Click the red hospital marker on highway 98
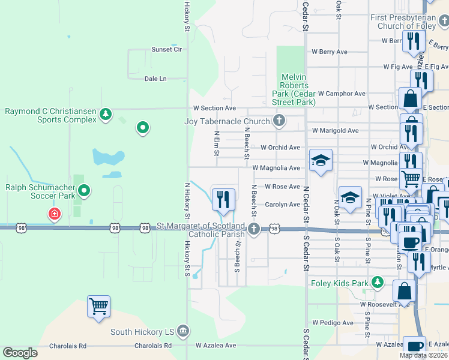tap(55, 214)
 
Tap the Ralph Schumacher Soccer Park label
tap(41, 191)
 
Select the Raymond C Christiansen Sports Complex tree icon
tap(106, 114)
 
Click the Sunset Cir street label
tap(166, 49)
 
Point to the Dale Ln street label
tap(155, 79)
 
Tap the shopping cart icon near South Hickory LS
tap(98, 307)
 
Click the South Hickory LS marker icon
tap(184, 331)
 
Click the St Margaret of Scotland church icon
tap(255, 228)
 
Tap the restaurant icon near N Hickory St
tap(224, 199)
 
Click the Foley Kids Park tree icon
tap(377, 281)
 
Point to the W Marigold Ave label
tap(335, 131)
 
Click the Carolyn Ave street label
tap(282, 205)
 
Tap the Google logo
tap(20, 353)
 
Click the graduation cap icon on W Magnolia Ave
tap(321, 160)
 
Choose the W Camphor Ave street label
tap(342, 94)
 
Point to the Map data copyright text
tap(423, 355)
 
